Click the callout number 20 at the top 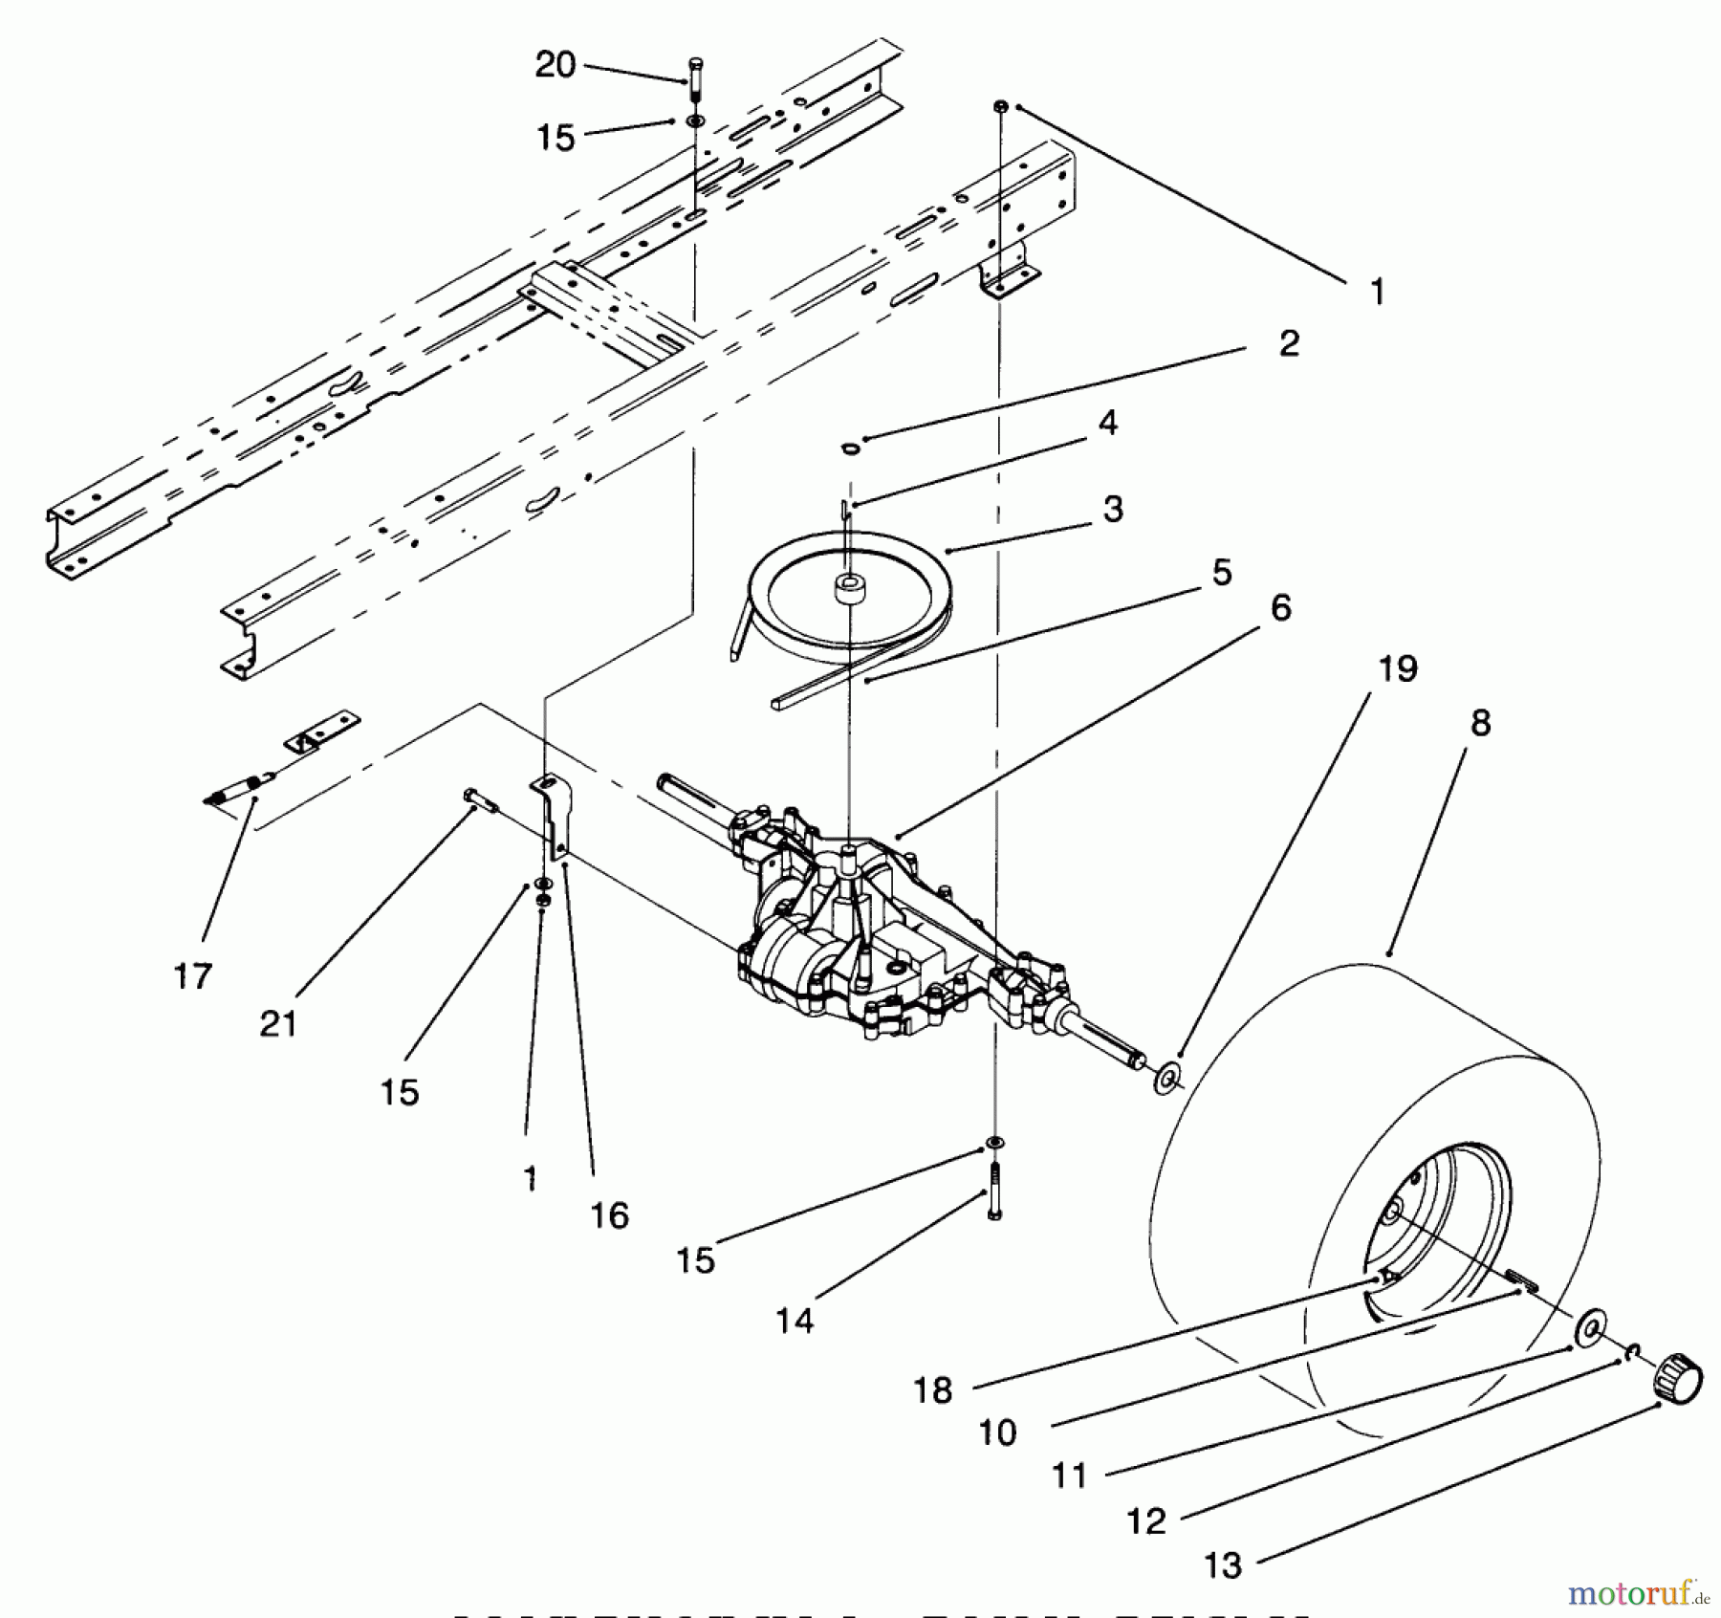click(555, 65)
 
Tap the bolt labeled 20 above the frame click(695, 76)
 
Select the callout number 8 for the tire click(1480, 724)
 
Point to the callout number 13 click(1223, 1566)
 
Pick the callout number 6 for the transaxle click(1281, 607)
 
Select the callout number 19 click(1397, 669)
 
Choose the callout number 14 click(795, 1322)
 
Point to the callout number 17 click(192, 976)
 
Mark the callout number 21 click(278, 1024)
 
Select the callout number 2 click(1289, 344)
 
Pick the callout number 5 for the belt click(1222, 573)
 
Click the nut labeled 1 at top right click(1001, 106)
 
